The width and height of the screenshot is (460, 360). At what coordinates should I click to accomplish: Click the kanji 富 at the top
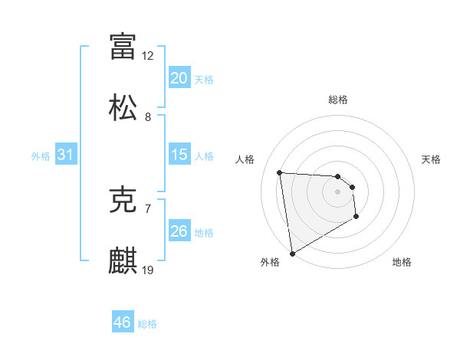click(x=123, y=46)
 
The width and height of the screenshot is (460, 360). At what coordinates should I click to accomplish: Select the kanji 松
click(x=123, y=107)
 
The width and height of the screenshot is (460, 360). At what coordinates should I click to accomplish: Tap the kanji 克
click(x=123, y=201)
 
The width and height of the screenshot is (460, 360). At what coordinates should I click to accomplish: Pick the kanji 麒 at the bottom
click(x=123, y=260)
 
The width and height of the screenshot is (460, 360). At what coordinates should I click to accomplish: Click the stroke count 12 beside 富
click(x=148, y=56)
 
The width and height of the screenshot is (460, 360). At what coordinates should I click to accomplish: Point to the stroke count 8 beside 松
click(x=148, y=117)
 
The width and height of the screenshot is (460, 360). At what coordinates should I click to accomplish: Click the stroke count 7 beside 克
click(x=148, y=208)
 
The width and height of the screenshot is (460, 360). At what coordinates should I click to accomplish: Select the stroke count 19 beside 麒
click(x=148, y=270)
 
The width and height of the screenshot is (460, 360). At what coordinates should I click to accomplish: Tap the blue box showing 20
click(x=179, y=78)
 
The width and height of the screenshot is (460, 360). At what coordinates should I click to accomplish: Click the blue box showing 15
click(x=179, y=155)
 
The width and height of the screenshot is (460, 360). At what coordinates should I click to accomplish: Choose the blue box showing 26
click(x=179, y=231)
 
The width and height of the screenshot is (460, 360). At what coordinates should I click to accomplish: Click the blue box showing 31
click(x=65, y=155)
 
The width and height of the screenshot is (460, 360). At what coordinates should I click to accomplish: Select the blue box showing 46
click(x=123, y=322)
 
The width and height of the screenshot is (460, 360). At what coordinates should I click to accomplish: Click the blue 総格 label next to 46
click(x=147, y=324)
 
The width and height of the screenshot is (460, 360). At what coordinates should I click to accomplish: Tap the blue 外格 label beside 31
click(x=41, y=156)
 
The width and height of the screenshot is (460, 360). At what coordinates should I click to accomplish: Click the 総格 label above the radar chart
click(x=338, y=100)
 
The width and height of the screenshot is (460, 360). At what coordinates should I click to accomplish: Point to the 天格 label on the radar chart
click(x=431, y=159)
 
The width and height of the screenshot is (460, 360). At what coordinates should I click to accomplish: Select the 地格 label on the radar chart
click(x=402, y=263)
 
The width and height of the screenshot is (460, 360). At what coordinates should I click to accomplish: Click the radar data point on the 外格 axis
click(x=291, y=253)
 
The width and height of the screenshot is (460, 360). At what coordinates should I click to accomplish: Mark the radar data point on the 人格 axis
click(x=280, y=172)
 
